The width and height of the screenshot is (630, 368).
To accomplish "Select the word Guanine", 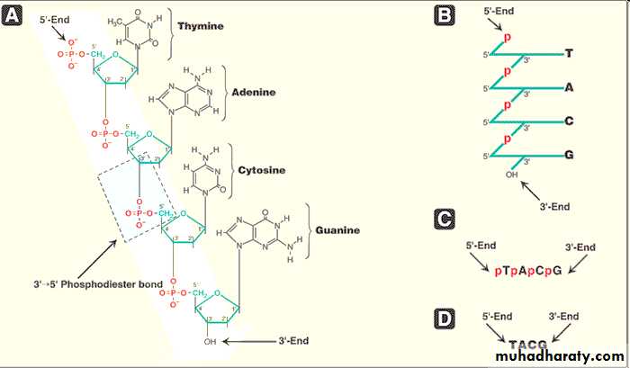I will [337, 229].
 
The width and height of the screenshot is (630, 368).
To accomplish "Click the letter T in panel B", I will [569, 54].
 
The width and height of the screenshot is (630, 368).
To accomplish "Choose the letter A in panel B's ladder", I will [569, 88].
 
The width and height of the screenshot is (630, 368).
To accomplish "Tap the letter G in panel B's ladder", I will [569, 156].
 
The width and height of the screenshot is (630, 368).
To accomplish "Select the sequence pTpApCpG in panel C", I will [527, 269].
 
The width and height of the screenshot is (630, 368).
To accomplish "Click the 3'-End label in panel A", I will [294, 341].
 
